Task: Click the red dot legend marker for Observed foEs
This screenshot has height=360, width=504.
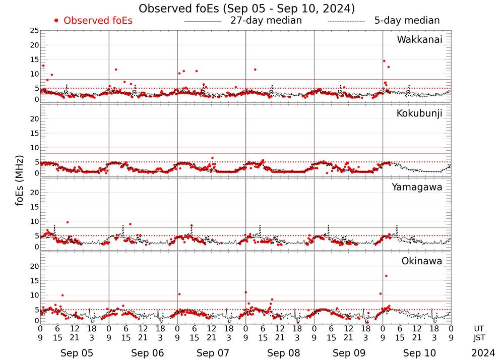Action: click(x=56, y=21)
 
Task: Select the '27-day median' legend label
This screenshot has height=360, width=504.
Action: click(x=266, y=21)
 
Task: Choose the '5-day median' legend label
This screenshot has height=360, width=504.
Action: click(x=407, y=21)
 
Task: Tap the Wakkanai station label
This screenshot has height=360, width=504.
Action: click(x=419, y=40)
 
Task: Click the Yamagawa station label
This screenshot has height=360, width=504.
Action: click(x=417, y=187)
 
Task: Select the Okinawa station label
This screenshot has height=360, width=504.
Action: click(x=422, y=261)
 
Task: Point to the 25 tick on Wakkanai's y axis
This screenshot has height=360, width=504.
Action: click(x=34, y=31)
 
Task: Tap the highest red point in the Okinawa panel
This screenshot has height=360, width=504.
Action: click(x=386, y=276)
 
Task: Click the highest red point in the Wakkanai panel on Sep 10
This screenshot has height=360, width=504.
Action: click(x=384, y=61)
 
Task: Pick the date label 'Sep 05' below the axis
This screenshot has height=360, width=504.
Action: click(x=74, y=353)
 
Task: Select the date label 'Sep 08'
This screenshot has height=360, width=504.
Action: click(x=280, y=353)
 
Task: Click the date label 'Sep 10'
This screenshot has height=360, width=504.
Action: click(x=417, y=353)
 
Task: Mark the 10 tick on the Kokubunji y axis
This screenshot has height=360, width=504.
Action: click(x=34, y=148)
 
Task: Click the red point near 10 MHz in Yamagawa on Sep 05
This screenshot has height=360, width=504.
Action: click(x=68, y=222)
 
